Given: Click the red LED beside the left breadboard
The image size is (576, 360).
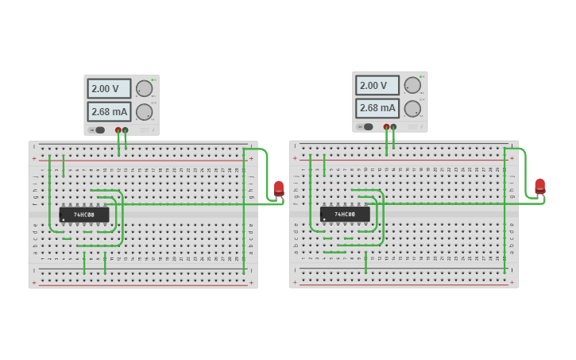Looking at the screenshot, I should click(x=279, y=188).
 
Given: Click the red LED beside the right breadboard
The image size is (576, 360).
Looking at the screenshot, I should click(x=540, y=186).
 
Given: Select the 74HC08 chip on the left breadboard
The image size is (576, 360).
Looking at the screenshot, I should click(x=84, y=215).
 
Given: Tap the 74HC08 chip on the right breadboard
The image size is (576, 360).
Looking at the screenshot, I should click(x=345, y=214).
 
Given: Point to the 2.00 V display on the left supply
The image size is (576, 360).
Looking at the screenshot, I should click(x=109, y=88).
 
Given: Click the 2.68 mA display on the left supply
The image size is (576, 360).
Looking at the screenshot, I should click(x=109, y=111).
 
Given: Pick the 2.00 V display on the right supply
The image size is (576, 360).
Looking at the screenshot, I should click(x=377, y=85).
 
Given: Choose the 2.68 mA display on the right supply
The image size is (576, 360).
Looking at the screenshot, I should click(x=377, y=108).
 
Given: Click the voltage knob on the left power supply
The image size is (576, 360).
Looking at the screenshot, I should click(x=144, y=88).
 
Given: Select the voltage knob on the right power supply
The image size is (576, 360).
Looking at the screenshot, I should click(x=412, y=85).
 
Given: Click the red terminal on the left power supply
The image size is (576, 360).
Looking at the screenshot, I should click(x=118, y=130).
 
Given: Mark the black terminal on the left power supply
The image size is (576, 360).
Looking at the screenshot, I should click(x=126, y=130).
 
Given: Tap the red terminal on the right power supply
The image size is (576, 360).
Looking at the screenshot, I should click(x=387, y=126).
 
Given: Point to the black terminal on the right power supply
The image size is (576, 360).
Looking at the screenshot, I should click(x=394, y=126).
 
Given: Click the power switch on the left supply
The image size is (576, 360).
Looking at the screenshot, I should click(x=99, y=130).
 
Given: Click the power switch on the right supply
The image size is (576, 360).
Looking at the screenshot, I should click(x=367, y=126).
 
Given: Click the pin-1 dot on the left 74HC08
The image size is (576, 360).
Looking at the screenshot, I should click(x=64, y=219).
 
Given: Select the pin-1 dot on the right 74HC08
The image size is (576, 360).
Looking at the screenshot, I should click(x=324, y=219).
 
